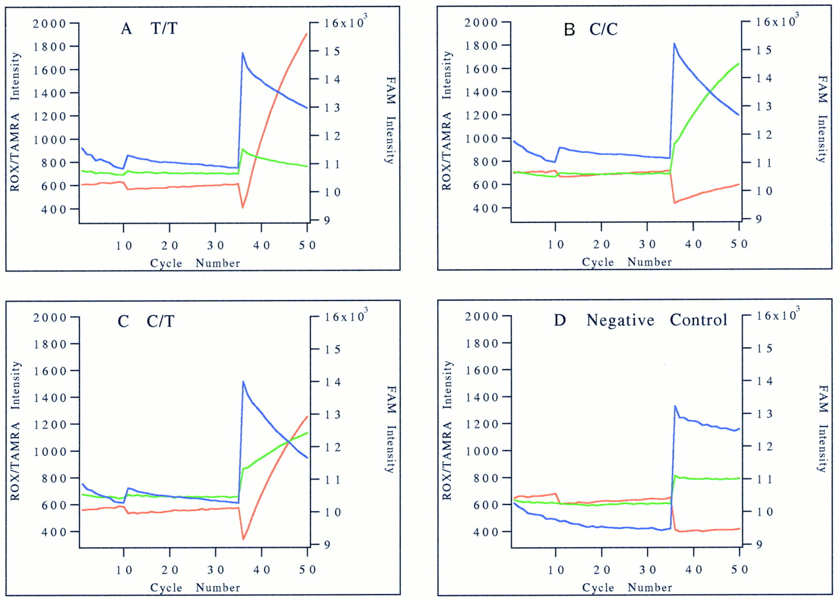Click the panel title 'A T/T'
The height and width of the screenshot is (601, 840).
tap(149, 28)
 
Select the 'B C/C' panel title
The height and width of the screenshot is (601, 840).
tap(591, 30)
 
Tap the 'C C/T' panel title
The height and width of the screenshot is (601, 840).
tap(146, 321)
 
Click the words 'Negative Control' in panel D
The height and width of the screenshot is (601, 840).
tap(657, 320)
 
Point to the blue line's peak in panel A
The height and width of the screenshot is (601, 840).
tap(243, 53)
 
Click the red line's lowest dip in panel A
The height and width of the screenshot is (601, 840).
tap(243, 207)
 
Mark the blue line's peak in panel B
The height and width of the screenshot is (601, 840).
tap(674, 43)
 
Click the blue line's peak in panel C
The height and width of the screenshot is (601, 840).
tap(243, 382)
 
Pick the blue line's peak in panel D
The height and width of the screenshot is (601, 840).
tap(675, 405)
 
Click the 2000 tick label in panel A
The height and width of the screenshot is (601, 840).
tap(49, 24)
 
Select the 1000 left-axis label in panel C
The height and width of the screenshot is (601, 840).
tap(51, 451)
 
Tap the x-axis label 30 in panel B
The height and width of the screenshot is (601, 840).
tap(647, 245)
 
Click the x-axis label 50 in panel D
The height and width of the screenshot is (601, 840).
tap(739, 570)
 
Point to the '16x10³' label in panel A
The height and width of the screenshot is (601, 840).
tap(345, 21)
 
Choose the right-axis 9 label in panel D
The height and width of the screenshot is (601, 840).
tap(759, 545)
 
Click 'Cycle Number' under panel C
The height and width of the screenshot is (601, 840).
tap(195, 587)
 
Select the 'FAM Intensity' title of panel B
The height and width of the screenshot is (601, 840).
tap(823, 119)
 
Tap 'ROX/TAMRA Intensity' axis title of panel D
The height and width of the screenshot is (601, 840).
tap(447, 430)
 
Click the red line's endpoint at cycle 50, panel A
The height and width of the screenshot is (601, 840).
tap(306, 33)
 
